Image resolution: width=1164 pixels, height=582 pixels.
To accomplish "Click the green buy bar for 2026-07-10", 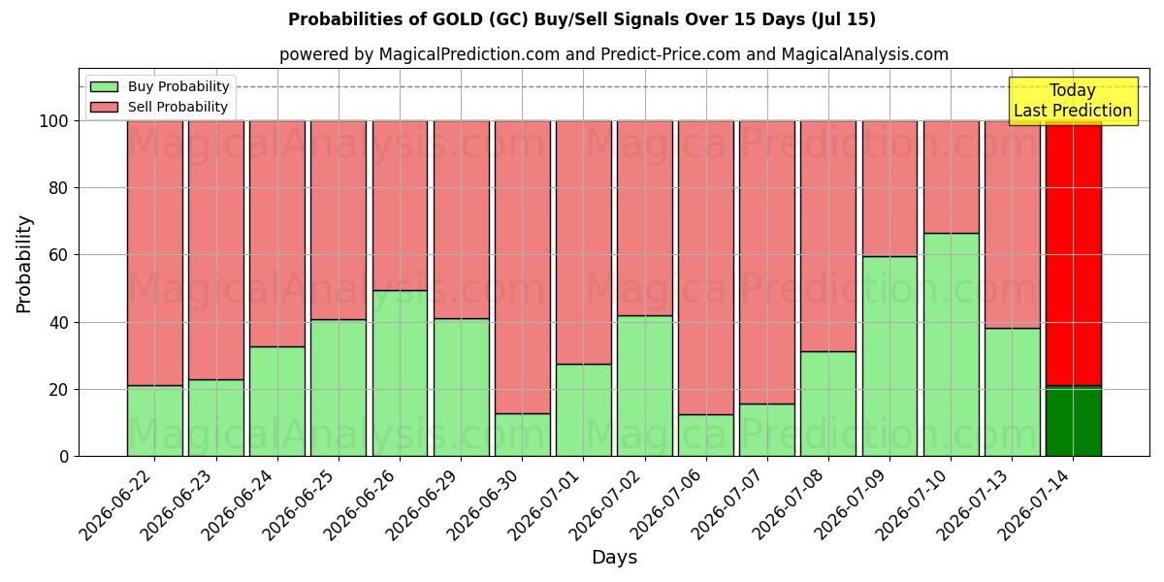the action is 951,345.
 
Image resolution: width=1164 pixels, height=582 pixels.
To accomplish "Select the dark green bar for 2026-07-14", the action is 1074,421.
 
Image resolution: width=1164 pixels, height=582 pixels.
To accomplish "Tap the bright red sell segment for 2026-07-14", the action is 1074,253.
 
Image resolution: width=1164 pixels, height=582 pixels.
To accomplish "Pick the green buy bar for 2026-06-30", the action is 522,435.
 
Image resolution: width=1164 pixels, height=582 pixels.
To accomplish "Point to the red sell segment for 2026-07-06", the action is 706,268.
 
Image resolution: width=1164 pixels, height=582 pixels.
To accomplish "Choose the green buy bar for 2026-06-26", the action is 400,373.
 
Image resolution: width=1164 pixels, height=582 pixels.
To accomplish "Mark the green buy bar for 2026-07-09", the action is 889,357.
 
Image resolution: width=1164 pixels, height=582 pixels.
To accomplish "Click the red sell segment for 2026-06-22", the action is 155,253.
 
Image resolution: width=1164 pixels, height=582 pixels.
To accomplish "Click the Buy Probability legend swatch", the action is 104,86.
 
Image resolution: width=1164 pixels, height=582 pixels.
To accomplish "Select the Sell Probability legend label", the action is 178,107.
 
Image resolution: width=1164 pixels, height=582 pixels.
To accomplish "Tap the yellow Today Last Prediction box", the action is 1073,101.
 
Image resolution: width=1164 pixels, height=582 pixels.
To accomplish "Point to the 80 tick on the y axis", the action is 58,187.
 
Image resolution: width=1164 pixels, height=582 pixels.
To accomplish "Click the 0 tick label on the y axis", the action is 64,456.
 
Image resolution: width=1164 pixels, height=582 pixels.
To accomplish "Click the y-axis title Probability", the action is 24,264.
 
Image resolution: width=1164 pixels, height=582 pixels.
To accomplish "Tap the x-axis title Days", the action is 614,557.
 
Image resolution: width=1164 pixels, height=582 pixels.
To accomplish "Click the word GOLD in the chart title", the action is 457,19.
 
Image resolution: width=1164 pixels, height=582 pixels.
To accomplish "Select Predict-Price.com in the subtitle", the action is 670,54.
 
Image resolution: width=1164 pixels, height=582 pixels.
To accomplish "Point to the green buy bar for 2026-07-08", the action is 828,404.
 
